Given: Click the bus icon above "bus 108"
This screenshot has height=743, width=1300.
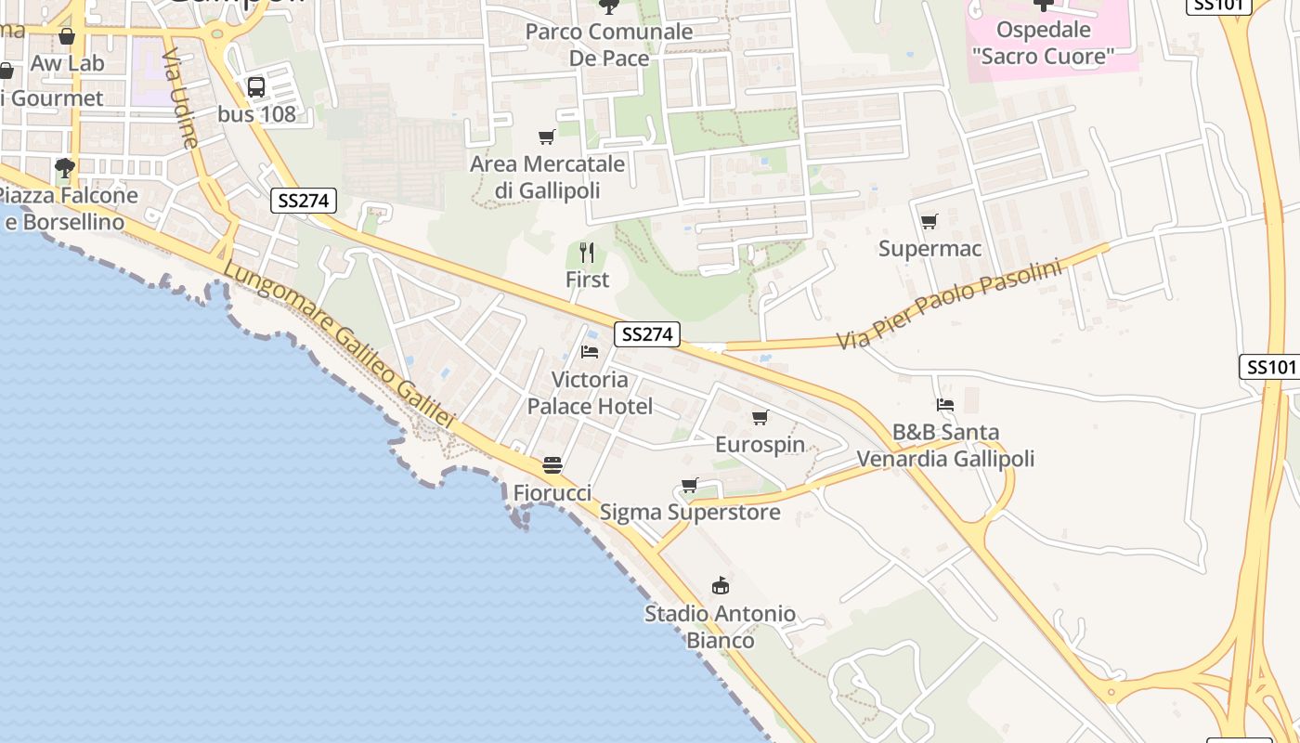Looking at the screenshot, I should pos(256,87).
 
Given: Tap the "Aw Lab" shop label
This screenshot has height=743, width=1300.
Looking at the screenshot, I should pos(68,64).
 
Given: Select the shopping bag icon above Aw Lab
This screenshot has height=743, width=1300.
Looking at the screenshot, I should pos(67,36).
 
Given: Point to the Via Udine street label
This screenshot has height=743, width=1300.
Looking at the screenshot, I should pos(179,98).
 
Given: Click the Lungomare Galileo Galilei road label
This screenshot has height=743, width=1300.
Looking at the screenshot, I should pos(339,345).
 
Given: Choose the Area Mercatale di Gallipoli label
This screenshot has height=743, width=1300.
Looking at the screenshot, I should pos(547,177).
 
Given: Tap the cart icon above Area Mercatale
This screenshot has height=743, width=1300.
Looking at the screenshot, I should pos(547,137).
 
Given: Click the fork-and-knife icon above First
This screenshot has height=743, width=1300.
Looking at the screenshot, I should pos(587,253).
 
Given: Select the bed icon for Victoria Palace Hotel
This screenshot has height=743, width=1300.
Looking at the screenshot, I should pos(590,352).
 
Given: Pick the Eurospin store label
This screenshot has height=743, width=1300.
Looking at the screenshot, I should pos(760,445).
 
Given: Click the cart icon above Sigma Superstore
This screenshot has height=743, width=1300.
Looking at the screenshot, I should pos(689,485).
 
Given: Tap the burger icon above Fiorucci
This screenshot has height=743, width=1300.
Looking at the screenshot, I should pos(552,465).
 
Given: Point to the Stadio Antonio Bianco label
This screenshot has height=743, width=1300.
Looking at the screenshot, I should pos(720,627).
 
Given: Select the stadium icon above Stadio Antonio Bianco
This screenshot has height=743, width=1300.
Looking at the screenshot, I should pos(720,586).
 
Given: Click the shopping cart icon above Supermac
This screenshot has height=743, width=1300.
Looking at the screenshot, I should pos(929,221).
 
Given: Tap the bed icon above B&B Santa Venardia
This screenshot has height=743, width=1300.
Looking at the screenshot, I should pos(945,405).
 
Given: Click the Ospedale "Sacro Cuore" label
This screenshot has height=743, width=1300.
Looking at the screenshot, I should pos(1043,43).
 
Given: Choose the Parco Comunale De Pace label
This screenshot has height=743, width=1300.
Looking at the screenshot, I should pos(609,45).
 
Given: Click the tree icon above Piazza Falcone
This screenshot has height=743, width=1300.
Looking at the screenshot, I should pos(65,168).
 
